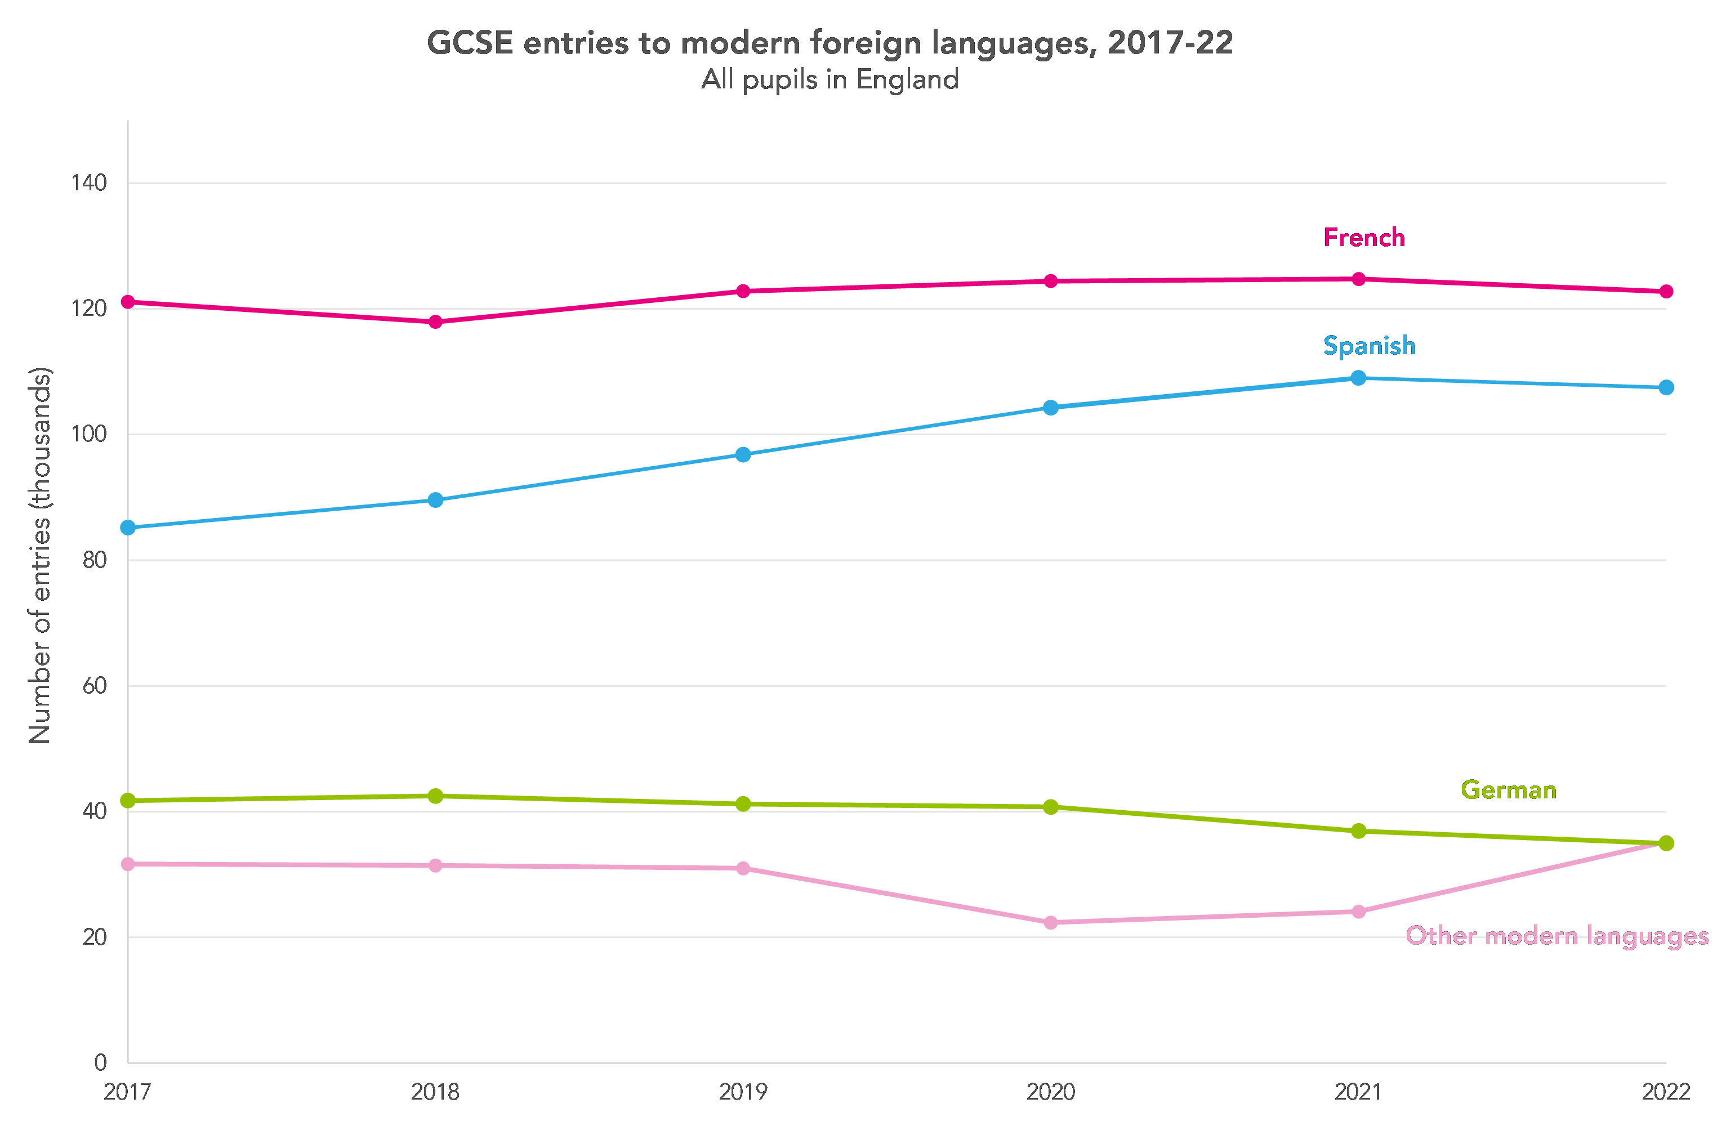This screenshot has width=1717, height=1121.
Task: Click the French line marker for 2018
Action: (435, 321)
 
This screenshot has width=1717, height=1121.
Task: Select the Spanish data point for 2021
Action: (1358, 378)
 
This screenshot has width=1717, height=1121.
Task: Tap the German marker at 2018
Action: (435, 796)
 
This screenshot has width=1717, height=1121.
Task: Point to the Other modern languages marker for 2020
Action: (1050, 923)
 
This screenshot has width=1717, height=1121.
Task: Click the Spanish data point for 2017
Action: (128, 528)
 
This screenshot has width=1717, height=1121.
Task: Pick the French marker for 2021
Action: (1358, 279)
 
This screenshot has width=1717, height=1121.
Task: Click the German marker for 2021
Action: (1358, 831)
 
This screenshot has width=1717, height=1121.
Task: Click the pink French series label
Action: (1363, 238)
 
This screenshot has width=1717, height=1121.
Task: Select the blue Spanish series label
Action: (1368, 346)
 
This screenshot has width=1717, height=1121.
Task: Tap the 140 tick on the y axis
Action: (89, 183)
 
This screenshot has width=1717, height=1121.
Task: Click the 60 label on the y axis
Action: (95, 686)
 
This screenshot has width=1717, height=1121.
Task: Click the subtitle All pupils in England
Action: (829, 79)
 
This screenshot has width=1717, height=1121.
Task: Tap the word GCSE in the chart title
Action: (470, 43)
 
